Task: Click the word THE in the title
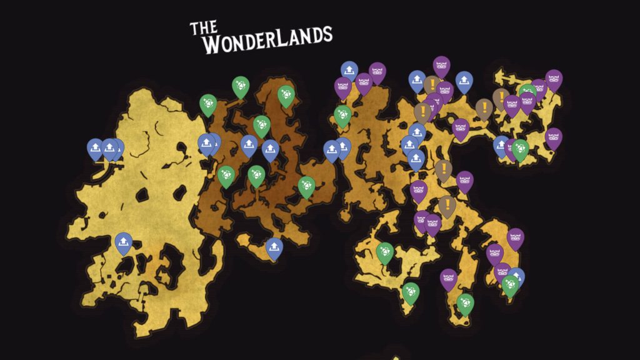[x=203, y=27]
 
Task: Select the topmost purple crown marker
[x=442, y=65]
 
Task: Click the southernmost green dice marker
[x=464, y=304]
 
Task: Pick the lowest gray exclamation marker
[x=447, y=205]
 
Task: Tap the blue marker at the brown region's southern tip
[x=274, y=247]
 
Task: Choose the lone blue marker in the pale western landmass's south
[x=123, y=242]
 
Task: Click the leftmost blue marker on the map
[x=95, y=148]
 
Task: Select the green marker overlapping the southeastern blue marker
[x=510, y=284]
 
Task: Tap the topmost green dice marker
[x=241, y=86]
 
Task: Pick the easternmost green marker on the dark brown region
[x=306, y=186]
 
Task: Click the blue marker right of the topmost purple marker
[x=464, y=81]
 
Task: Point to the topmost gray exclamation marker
[x=432, y=84]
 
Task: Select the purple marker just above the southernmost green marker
[x=448, y=278]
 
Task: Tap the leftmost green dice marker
[x=208, y=104]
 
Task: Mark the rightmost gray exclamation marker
[x=500, y=97]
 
